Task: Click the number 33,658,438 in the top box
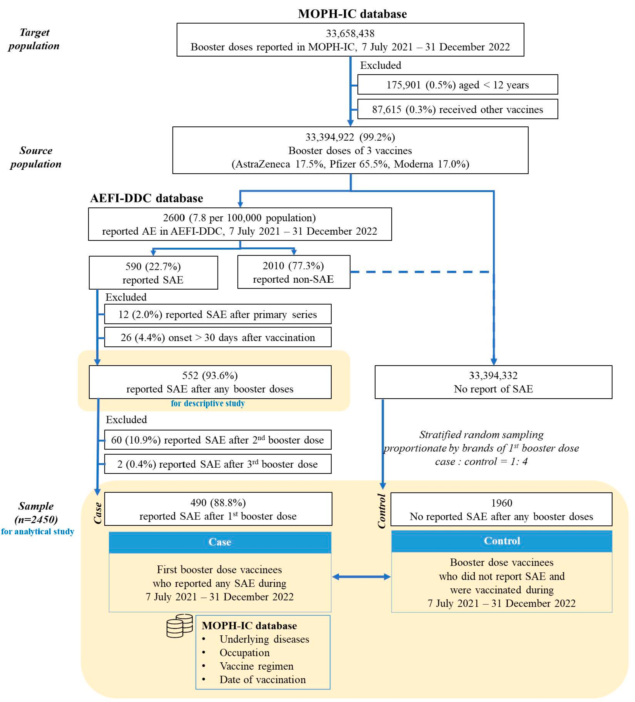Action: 350,33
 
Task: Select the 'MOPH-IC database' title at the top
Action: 352,14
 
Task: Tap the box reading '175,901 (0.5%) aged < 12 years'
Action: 457,85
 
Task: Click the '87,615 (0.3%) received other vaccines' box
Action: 457,109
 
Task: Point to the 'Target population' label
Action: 34,39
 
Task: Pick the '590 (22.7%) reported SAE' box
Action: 153,273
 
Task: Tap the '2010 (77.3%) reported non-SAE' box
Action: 293,272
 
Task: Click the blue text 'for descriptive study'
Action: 208,403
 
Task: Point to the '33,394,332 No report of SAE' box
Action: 493,382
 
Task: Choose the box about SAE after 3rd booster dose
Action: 217,464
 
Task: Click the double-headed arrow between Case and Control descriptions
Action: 361,577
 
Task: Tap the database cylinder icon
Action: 179,626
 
